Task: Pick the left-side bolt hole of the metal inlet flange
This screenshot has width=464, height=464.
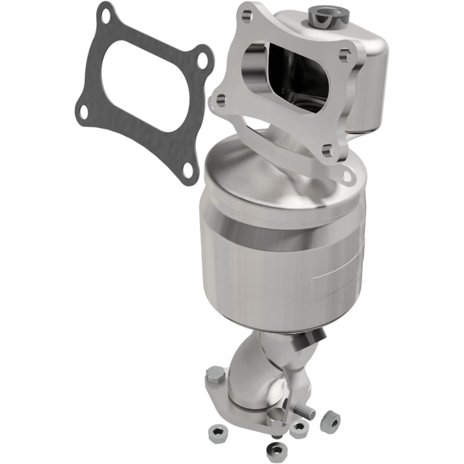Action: point(220,100)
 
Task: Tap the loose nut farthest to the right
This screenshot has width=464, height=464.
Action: point(332,421)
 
